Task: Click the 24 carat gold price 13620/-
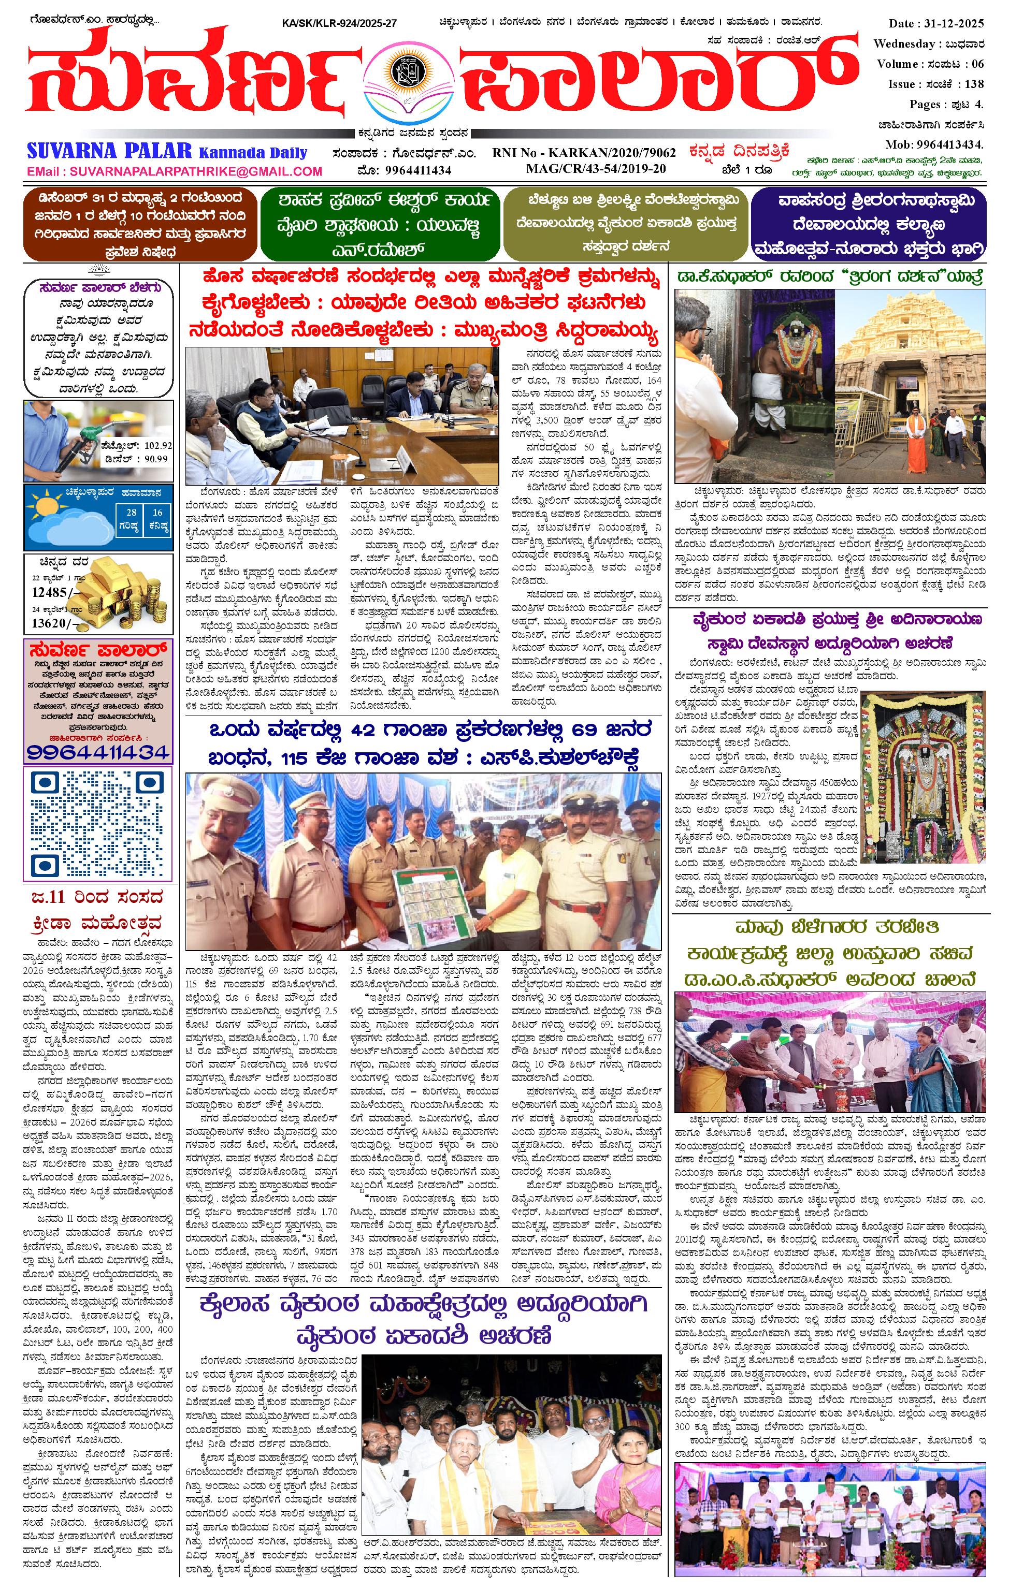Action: point(50,623)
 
